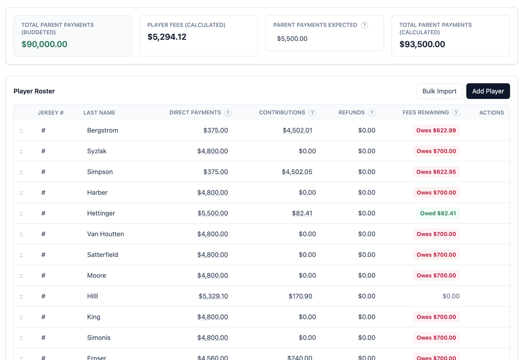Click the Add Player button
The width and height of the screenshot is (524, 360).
click(x=488, y=91)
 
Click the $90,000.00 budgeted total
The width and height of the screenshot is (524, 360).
click(x=44, y=44)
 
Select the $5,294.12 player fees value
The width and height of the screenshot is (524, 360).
click(x=167, y=37)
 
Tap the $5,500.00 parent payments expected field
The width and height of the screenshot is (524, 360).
click(x=292, y=39)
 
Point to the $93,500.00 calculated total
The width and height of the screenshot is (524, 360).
click(x=422, y=44)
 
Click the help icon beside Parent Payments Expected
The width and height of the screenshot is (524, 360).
click(x=365, y=25)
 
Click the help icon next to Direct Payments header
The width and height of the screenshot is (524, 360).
click(x=228, y=112)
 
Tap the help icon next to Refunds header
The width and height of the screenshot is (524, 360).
click(x=371, y=112)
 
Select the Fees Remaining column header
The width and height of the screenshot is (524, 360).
click(x=425, y=112)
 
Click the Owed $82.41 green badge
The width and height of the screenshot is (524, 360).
click(x=437, y=213)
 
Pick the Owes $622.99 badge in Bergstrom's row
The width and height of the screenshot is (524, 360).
click(x=436, y=130)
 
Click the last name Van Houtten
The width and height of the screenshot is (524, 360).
click(x=106, y=234)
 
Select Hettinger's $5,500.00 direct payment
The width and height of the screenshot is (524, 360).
click(x=212, y=213)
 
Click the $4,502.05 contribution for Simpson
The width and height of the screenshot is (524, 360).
click(x=297, y=172)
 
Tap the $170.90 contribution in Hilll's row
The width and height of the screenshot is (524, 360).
click(x=300, y=296)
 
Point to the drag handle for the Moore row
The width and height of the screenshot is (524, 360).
click(x=21, y=276)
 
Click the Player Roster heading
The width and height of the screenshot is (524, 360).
click(x=34, y=91)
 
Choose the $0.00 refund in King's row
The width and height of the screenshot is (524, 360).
click(x=366, y=317)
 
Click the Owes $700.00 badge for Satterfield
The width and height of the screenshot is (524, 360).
click(x=436, y=255)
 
